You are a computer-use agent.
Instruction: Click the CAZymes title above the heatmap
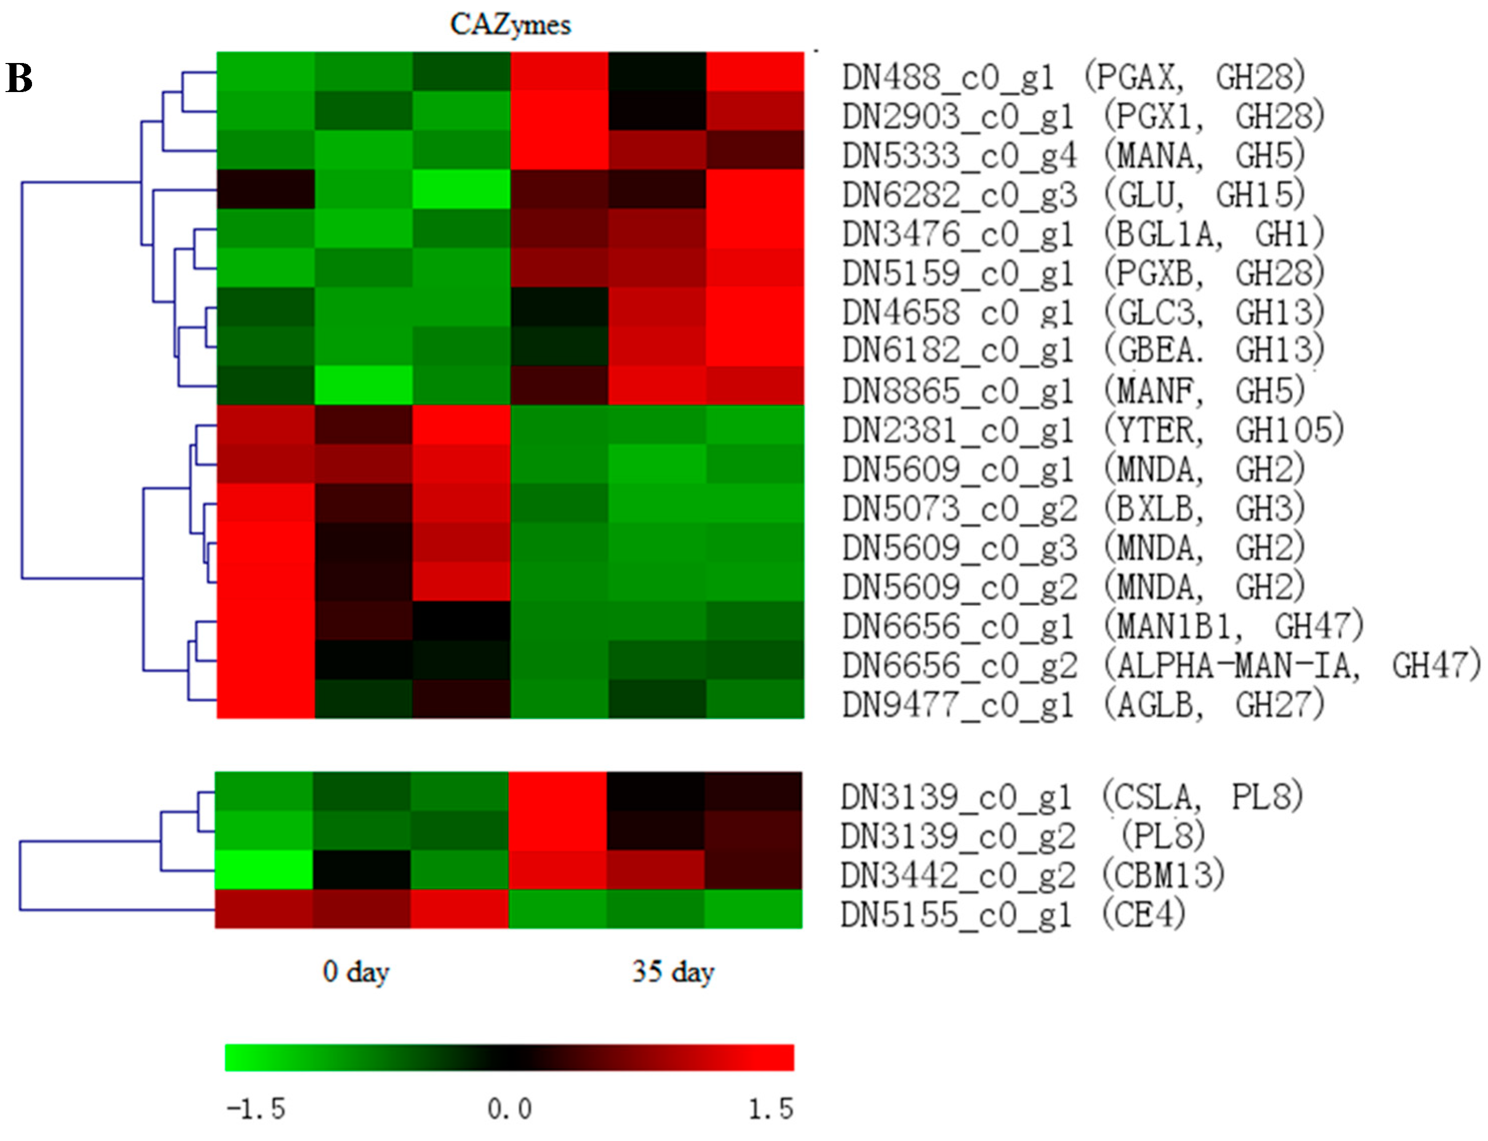(510, 25)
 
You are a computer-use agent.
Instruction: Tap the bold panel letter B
(19, 78)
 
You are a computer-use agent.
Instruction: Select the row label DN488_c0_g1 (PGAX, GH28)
(1073, 77)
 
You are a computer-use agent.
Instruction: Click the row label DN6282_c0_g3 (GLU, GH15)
(1073, 195)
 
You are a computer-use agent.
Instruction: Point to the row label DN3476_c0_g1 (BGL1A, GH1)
(1082, 234)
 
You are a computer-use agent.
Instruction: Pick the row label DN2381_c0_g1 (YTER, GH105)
(1092, 430)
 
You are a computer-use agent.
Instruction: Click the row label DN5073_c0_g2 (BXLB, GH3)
(1073, 509)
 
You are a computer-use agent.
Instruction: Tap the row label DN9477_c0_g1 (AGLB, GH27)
(1082, 705)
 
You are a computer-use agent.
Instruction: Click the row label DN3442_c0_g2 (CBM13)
(1032, 875)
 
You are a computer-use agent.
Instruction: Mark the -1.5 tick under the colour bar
(256, 1109)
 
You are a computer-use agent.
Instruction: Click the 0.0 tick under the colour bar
(509, 1109)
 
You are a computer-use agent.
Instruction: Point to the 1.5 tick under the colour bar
(770, 1109)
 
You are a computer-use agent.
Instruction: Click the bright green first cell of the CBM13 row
(264, 869)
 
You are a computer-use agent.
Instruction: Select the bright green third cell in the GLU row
(461, 189)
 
